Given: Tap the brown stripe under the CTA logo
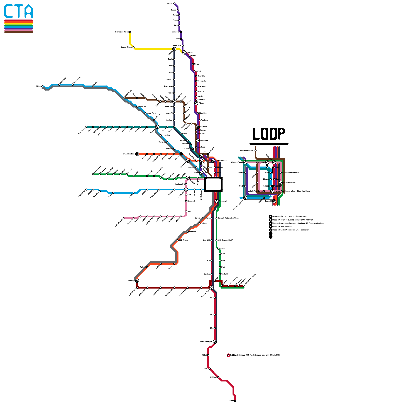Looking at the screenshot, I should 19,32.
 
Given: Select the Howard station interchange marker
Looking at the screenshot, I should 184,53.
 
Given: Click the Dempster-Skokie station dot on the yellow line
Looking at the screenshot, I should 130,32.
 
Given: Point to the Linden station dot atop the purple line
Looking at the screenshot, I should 174,3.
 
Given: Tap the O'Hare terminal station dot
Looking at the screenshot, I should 42,86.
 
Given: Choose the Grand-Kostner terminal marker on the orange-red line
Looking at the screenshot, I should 137,154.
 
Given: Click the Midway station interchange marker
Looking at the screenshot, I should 137,281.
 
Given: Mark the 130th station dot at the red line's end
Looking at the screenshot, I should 235,401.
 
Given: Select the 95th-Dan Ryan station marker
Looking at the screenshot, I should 215,342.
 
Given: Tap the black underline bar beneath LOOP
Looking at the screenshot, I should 269,144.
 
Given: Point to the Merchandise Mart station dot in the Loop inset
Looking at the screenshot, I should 255,150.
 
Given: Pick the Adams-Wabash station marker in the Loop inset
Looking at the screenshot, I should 281,183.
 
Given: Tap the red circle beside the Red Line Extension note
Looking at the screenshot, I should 228,355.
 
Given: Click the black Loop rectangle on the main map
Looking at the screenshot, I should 213,184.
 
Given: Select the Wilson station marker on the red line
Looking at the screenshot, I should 196,103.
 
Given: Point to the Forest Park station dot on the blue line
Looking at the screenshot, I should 86,189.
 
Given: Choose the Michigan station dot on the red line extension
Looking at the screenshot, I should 218,377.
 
